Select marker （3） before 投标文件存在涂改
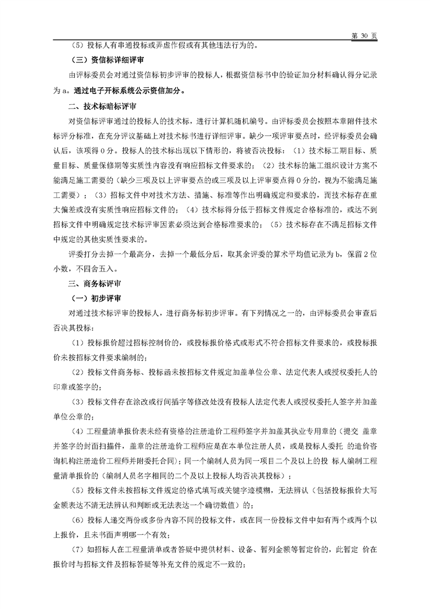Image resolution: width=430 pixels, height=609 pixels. coord(79,402)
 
